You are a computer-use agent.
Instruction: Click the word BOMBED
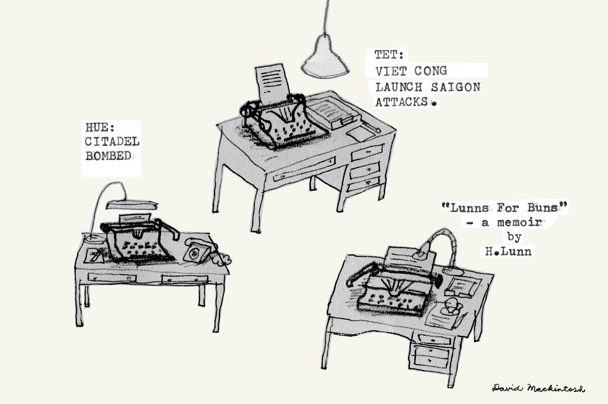(108, 156)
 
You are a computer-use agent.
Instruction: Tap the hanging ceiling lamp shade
(325, 59)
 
